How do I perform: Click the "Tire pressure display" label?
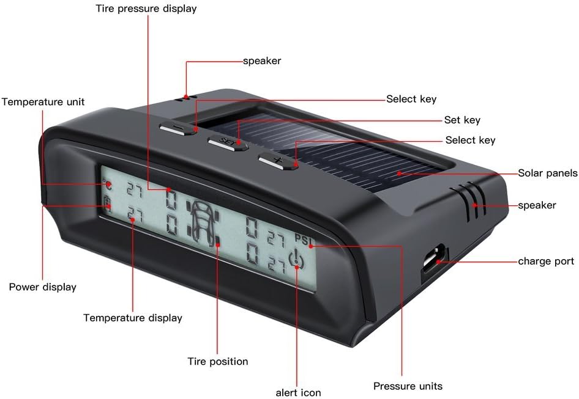point(146,9)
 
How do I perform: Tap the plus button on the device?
point(277,161)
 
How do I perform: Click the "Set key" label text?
point(462,120)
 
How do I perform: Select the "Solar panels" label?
point(547,173)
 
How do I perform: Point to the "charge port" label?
point(546,261)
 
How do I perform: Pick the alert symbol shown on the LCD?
point(295,260)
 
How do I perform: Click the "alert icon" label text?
point(298,392)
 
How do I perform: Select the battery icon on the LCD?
point(108,203)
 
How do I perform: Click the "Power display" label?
point(42,287)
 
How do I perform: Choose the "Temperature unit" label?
point(43,101)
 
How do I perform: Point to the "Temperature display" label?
point(133,318)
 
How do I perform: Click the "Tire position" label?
point(217,361)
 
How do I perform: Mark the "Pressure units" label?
point(408,386)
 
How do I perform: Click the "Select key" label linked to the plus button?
point(470,140)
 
